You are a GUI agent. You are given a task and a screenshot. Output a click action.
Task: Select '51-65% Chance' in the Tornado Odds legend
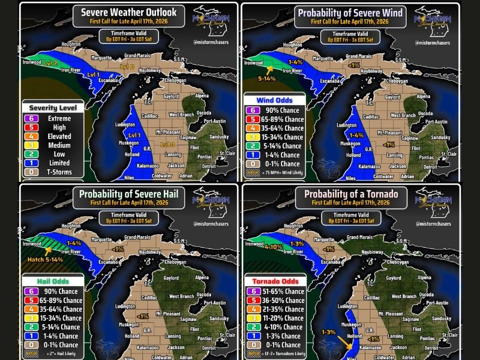click(284, 292)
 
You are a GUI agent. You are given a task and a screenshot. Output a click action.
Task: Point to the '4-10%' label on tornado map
click(273, 247)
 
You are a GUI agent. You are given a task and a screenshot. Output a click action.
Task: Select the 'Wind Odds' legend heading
click(274, 100)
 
